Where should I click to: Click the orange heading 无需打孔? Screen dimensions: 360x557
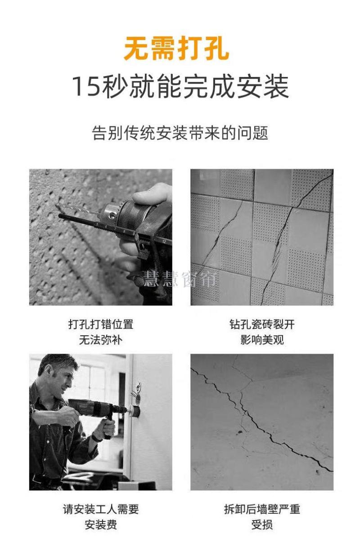point(176,48)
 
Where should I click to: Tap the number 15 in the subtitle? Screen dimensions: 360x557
point(86,86)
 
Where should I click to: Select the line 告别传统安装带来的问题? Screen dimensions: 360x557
point(180,133)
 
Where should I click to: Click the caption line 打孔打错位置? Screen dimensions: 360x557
point(101,324)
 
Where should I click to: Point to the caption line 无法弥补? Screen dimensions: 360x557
point(101,340)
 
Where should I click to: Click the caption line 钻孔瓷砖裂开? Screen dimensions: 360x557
point(262,324)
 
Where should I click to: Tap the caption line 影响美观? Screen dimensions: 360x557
point(262,340)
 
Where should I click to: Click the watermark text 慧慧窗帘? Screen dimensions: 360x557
point(180,279)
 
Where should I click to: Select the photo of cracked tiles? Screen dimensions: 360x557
point(262,237)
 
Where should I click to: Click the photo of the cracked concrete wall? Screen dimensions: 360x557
point(262,422)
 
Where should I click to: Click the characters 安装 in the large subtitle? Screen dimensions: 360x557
point(263,86)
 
